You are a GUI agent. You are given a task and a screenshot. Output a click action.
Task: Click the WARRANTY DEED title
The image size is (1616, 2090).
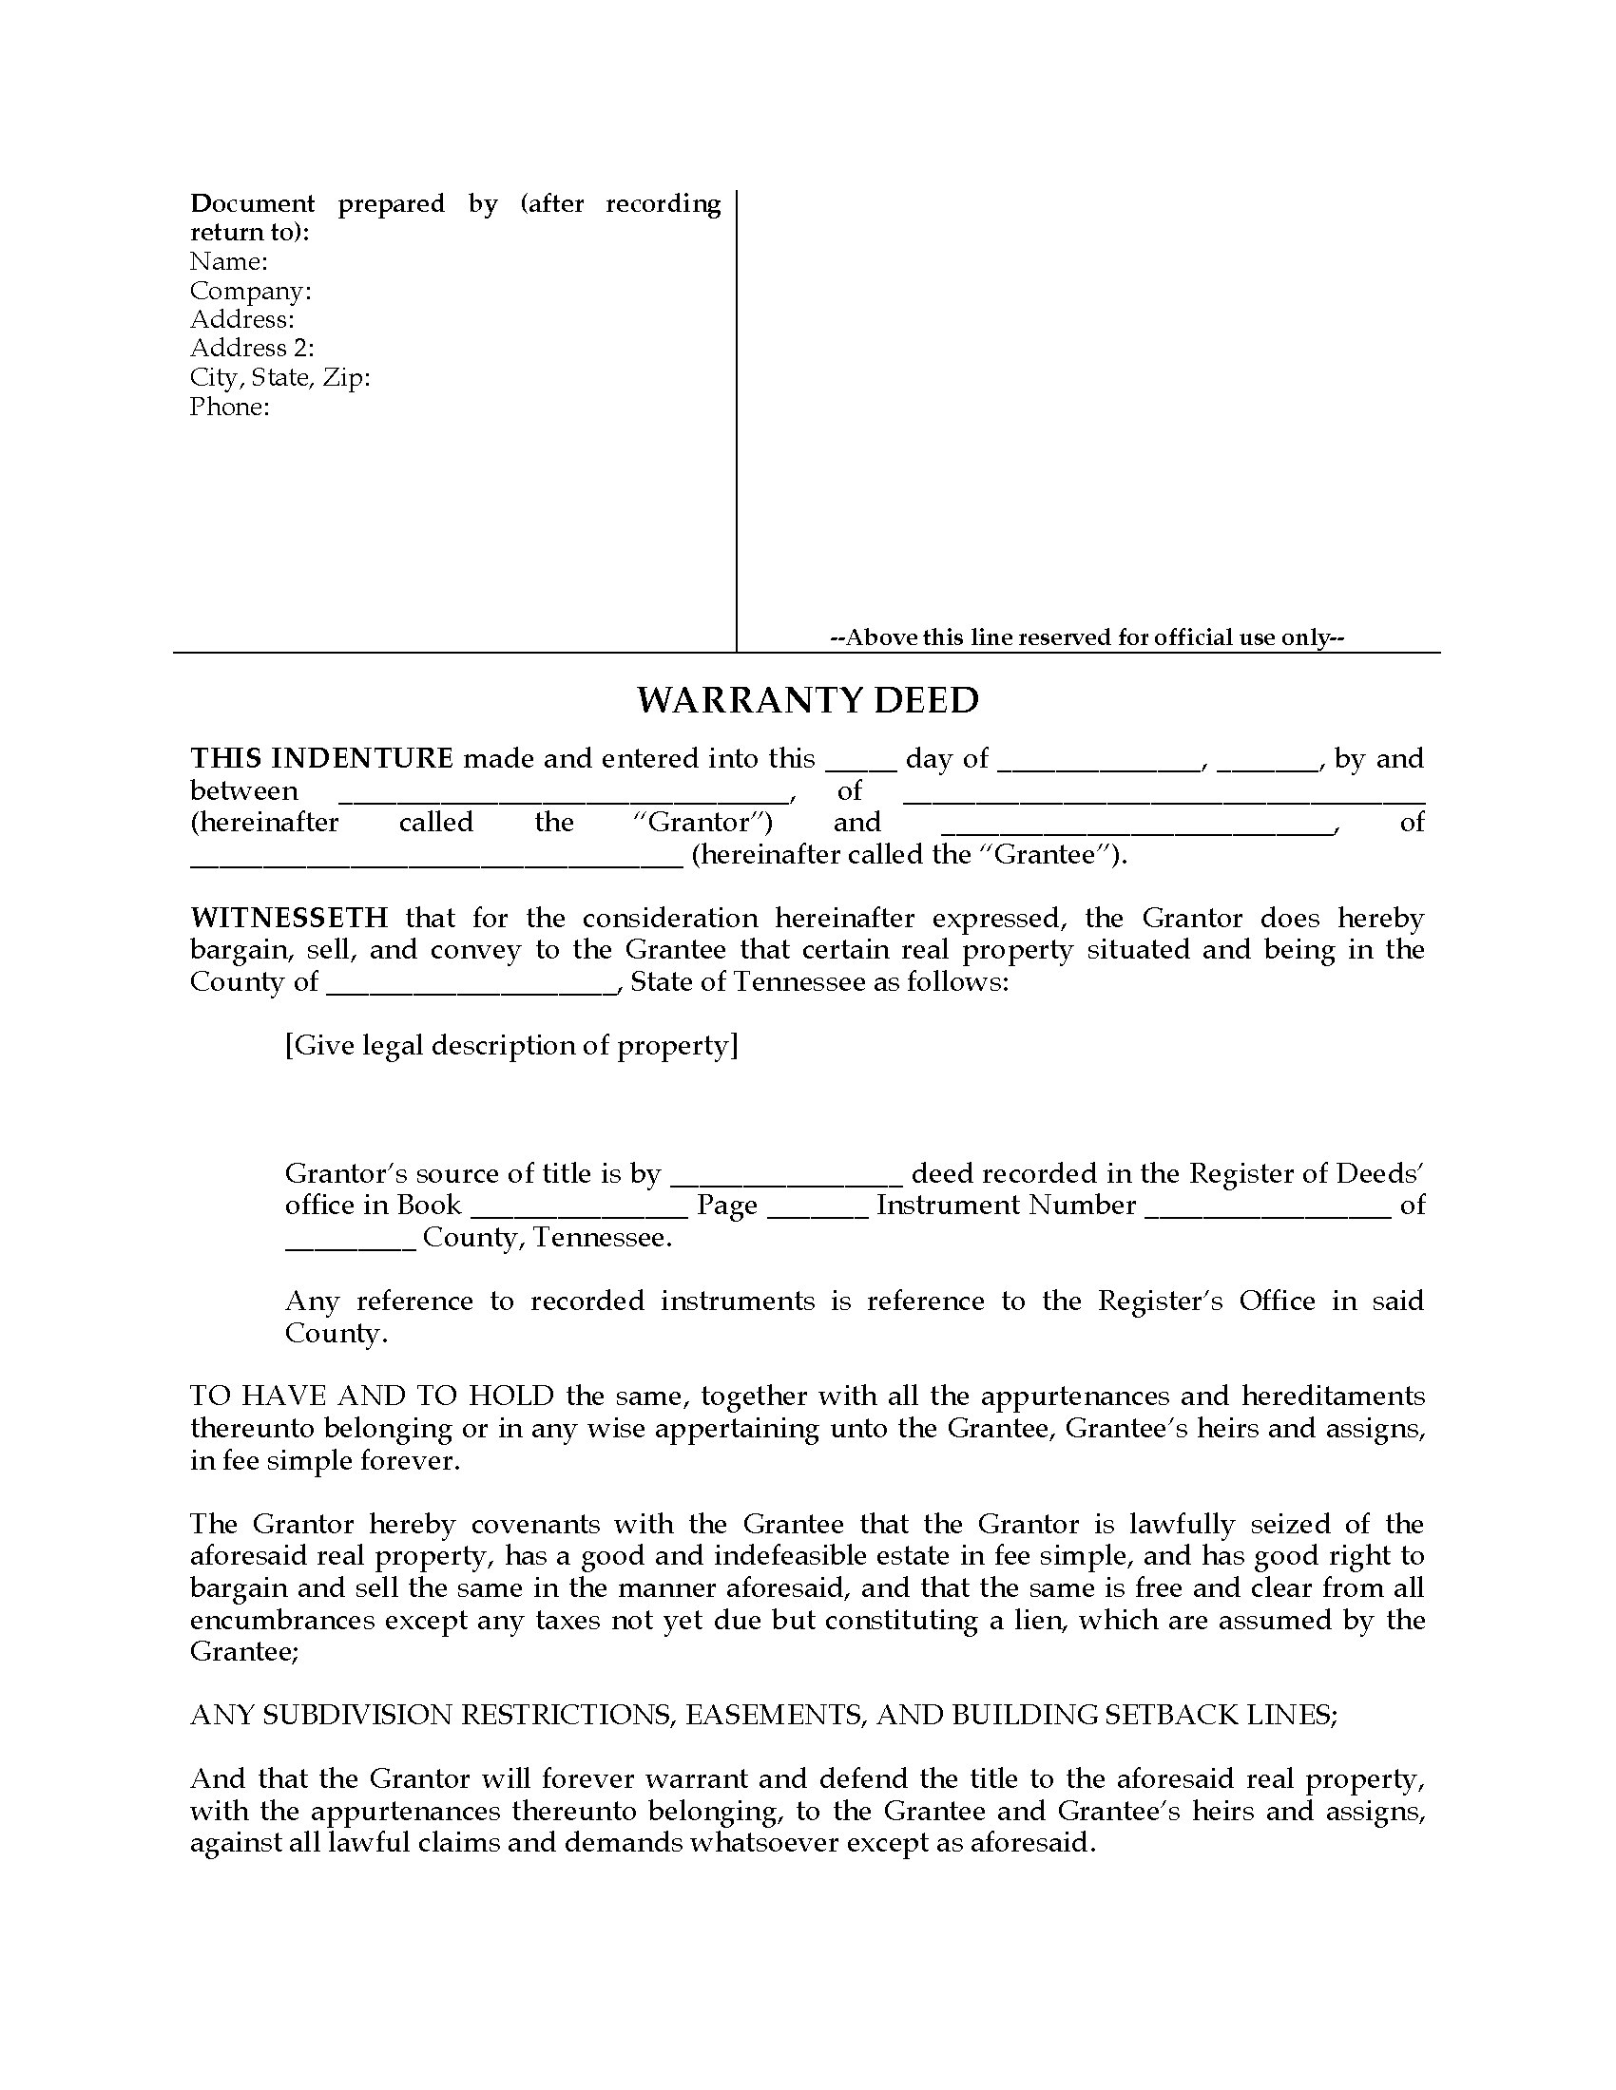(x=808, y=700)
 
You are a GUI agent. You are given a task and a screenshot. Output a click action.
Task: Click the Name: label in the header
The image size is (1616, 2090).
(x=229, y=261)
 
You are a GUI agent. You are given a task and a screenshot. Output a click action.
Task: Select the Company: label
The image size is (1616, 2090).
(x=251, y=291)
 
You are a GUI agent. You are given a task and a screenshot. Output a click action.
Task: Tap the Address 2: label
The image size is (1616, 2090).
(x=252, y=349)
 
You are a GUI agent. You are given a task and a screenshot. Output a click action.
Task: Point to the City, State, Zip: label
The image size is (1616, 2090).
(x=279, y=378)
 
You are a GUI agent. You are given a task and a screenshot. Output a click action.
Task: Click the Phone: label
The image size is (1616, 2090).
(x=230, y=407)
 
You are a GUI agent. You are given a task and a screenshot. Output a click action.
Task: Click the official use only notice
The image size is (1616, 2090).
(x=1087, y=637)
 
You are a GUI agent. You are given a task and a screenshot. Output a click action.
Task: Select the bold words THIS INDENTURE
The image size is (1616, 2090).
(x=321, y=759)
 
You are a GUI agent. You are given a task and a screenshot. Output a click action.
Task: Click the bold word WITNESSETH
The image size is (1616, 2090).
(x=289, y=919)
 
